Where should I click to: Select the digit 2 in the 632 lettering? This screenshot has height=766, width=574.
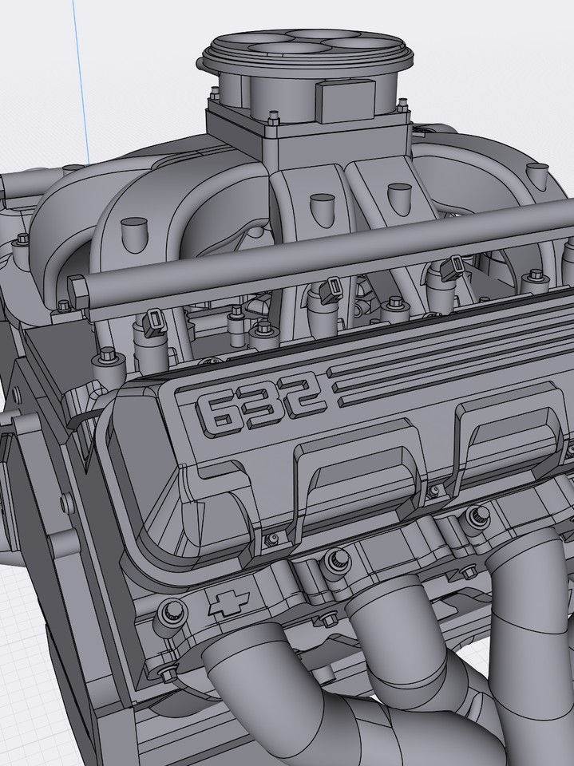304,395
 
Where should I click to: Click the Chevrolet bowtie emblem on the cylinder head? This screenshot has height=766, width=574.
227,604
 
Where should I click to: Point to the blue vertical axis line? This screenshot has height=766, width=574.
81,80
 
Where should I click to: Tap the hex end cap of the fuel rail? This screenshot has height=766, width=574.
77,289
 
